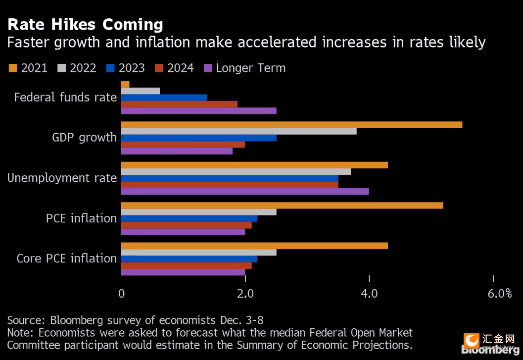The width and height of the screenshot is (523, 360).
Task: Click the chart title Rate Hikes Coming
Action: point(86,25)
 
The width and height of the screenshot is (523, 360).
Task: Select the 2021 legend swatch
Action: point(13,68)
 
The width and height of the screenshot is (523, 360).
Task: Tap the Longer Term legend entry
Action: point(244,68)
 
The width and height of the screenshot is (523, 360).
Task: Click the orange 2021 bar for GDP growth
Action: point(291,125)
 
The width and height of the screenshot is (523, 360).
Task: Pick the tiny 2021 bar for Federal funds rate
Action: point(125,84)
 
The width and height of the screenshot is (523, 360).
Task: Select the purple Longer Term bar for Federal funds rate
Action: point(199,111)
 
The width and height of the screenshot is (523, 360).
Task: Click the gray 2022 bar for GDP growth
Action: point(239,131)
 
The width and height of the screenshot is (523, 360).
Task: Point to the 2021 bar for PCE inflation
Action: point(282,206)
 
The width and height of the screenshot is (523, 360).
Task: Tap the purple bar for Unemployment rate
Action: point(245,191)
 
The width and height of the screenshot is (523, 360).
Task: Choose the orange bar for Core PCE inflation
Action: point(254,246)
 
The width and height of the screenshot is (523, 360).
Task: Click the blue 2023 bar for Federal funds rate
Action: point(164,98)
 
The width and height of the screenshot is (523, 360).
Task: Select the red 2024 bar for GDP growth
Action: point(183,145)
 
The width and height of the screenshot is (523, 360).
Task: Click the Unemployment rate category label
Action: point(62,178)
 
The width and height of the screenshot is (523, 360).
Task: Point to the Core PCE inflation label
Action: point(67,258)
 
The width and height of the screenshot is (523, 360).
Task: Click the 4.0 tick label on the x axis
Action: point(369,294)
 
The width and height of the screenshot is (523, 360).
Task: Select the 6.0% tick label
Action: point(500,294)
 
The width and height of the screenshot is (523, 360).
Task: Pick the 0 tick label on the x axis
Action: point(121,294)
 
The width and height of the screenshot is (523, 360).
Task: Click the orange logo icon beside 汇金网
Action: point(472,341)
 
